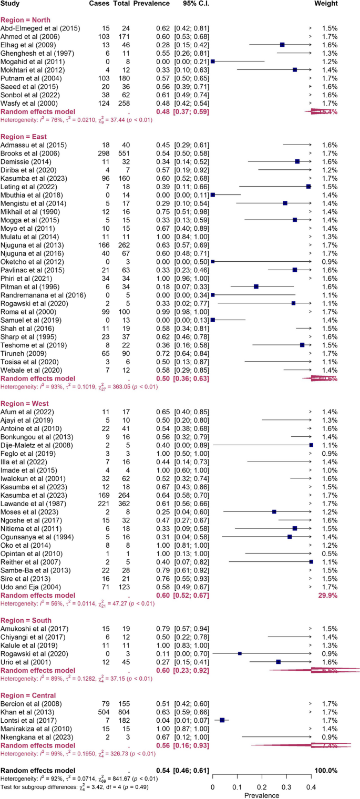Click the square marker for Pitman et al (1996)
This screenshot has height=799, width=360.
point(256,286)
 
